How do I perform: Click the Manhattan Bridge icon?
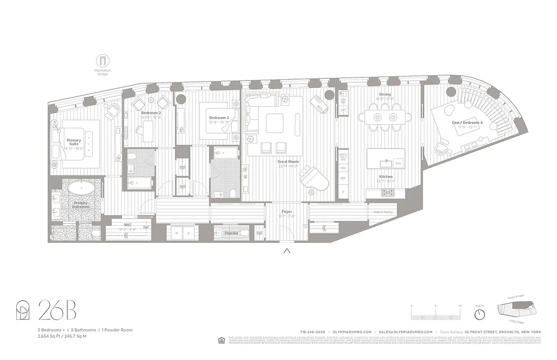pyautogui.click(x=103, y=61)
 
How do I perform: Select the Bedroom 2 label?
pyautogui.click(x=151, y=112)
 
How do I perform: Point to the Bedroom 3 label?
pyautogui.click(x=219, y=118)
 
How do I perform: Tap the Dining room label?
pyautogui.click(x=385, y=94)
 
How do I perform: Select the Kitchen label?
pyautogui.click(x=385, y=177)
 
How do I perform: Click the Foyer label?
pyautogui.click(x=287, y=211)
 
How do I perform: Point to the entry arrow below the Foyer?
pyautogui.click(x=287, y=251)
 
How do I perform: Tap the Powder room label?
pyautogui.click(x=231, y=233)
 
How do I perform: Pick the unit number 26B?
pyautogui.click(x=57, y=310)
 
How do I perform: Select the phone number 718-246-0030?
pyautogui.click(x=312, y=332)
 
